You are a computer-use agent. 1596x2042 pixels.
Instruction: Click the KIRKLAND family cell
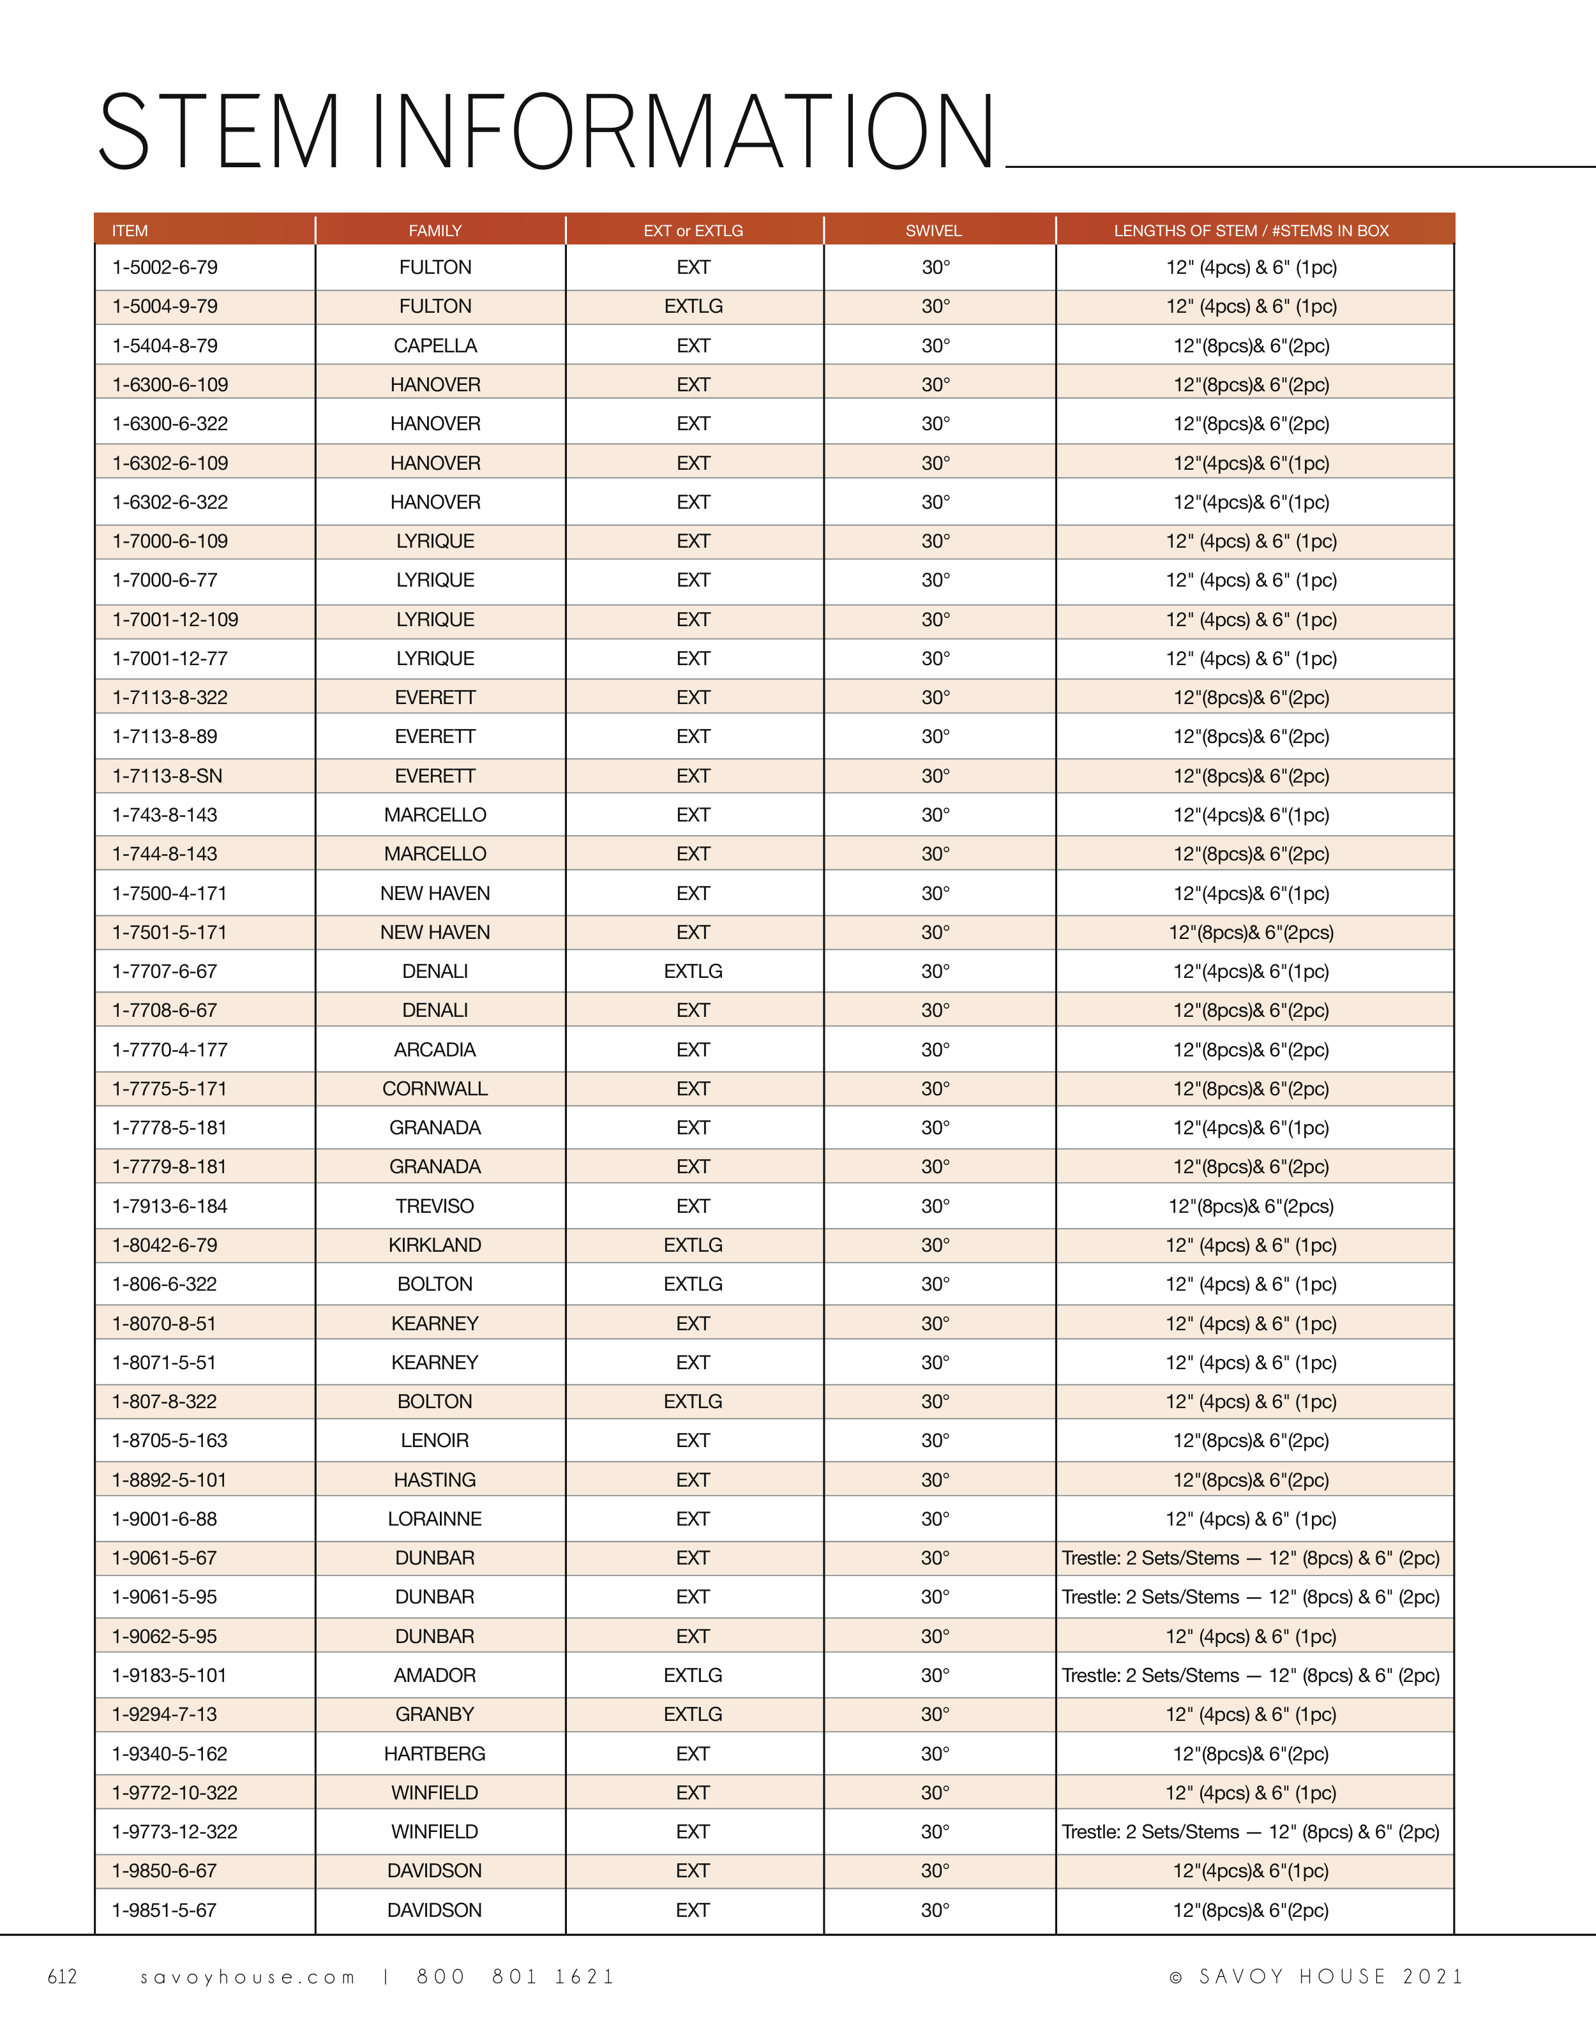[x=435, y=1245]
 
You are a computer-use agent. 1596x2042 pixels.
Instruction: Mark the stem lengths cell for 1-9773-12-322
[x=1250, y=1831]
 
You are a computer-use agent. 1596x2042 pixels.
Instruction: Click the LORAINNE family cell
[x=435, y=1519]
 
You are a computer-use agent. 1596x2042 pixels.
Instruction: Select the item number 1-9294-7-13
[x=165, y=1715]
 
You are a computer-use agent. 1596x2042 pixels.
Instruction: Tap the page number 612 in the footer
[x=63, y=1976]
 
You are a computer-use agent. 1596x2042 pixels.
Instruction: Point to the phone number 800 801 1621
[x=515, y=1976]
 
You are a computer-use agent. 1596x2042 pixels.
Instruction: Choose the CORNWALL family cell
[x=435, y=1089]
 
